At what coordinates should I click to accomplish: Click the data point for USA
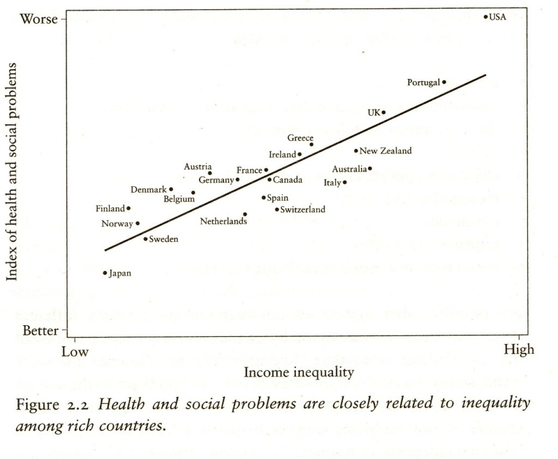(x=486, y=17)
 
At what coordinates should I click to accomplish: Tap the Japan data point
(x=105, y=273)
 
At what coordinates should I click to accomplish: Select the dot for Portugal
(x=444, y=82)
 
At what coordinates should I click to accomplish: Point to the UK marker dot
(x=384, y=113)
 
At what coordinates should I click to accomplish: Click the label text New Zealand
(x=386, y=151)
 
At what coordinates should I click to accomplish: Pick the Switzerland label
(x=302, y=209)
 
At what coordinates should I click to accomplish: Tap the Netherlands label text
(x=223, y=221)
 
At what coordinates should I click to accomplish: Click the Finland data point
(x=129, y=208)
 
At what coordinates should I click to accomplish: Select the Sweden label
(x=163, y=239)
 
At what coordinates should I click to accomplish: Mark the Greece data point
(x=312, y=144)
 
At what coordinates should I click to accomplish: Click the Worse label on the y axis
(x=39, y=19)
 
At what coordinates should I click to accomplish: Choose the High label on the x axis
(x=519, y=350)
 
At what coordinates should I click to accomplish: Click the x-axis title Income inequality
(x=299, y=372)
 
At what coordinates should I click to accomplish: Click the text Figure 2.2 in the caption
(x=53, y=405)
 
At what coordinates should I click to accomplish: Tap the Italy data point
(x=345, y=182)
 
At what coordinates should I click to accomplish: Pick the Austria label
(x=198, y=167)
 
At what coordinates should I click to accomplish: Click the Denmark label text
(x=148, y=189)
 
